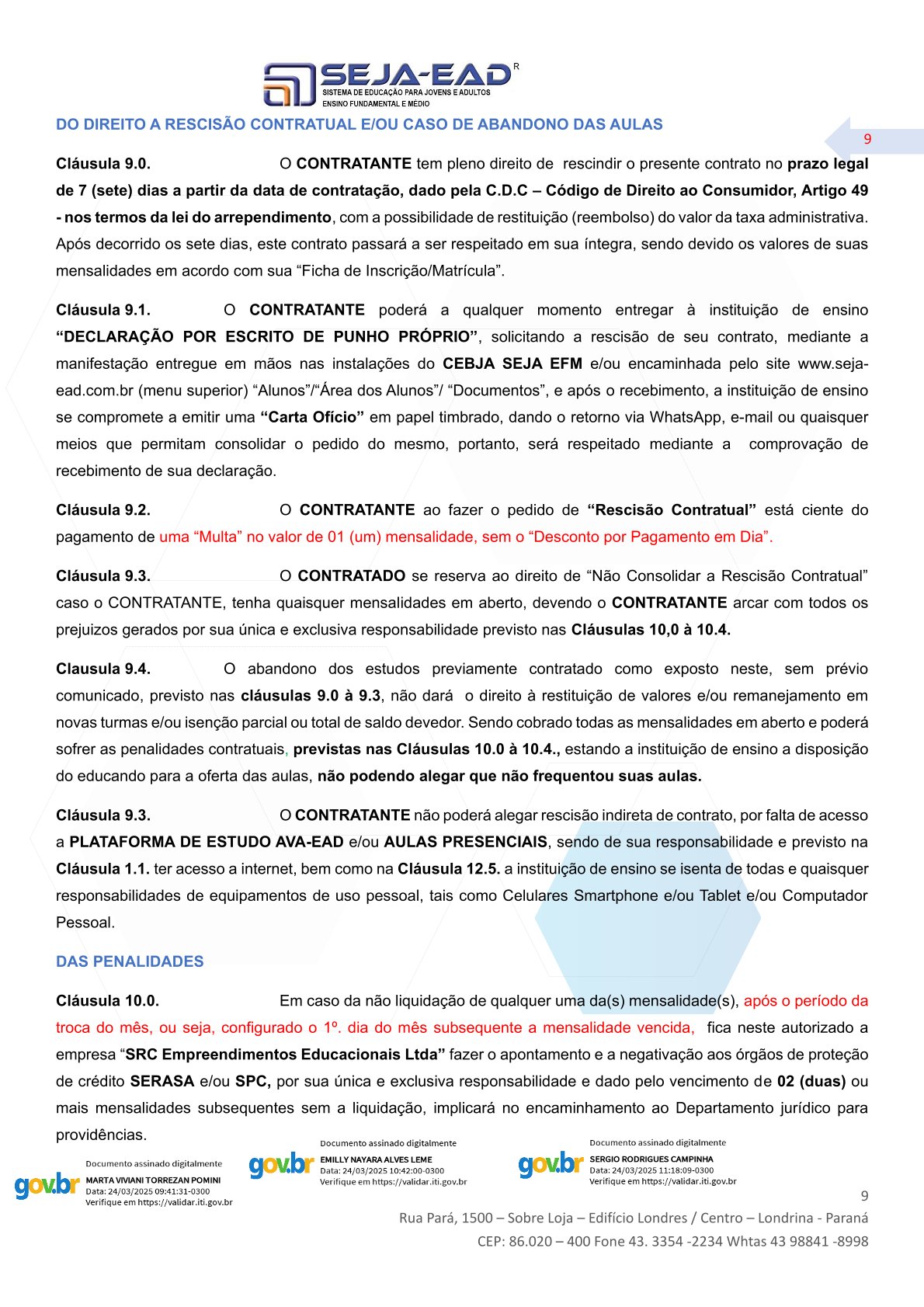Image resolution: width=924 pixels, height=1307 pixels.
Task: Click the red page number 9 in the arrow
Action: point(867,139)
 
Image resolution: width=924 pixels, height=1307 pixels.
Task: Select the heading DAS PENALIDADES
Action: point(130,961)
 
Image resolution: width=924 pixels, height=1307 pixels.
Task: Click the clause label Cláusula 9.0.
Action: point(103,164)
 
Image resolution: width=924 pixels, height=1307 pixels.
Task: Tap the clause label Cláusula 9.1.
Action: point(103,310)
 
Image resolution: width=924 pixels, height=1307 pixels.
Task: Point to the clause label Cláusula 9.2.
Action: point(103,510)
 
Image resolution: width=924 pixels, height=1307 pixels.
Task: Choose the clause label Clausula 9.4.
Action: point(103,669)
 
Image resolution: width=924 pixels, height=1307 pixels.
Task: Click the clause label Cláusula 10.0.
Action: point(107,1001)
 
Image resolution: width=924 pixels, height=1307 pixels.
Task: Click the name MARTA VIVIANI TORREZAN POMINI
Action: point(153,1180)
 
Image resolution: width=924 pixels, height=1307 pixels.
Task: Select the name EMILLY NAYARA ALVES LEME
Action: point(376,1159)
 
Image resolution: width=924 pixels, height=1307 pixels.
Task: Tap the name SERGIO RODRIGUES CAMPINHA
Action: point(651,1159)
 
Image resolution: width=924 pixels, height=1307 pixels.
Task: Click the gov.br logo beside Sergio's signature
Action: point(551,1164)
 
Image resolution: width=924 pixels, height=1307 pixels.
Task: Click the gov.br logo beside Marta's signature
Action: point(47,1186)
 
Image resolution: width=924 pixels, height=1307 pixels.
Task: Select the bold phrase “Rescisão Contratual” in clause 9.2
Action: point(672,510)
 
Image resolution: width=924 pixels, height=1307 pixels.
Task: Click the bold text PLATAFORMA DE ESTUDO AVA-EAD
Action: point(207,842)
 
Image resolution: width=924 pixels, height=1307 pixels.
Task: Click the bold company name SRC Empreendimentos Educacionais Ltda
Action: point(285,1055)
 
